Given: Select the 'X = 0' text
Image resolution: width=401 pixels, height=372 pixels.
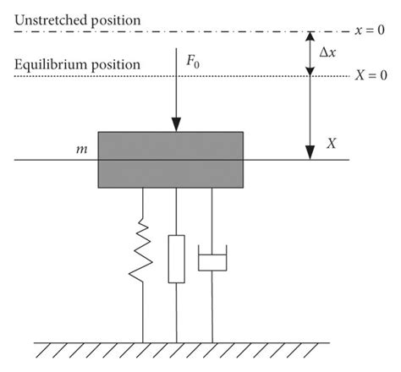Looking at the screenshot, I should click(370, 76).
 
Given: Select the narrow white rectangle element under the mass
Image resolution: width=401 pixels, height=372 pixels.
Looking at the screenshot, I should click(175, 259).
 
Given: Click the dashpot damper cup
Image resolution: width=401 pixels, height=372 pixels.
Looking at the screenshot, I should click(212, 259).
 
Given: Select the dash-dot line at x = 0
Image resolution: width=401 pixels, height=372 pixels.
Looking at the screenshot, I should click(169, 32).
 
